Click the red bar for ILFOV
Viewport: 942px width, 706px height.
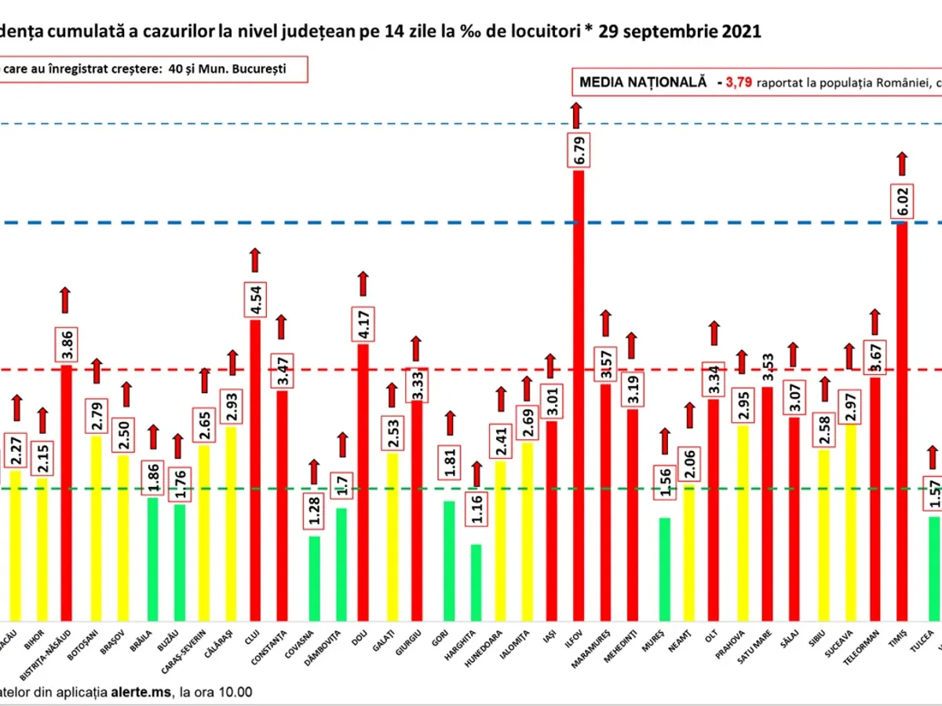pyautogui.click(x=578, y=392)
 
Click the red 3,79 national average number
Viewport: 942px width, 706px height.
pyautogui.click(x=739, y=81)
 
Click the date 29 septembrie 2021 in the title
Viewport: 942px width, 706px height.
pyautogui.click(x=679, y=31)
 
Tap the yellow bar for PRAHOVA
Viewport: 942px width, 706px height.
pyautogui.click(x=742, y=522)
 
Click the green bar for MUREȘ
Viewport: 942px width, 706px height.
pyautogui.click(x=664, y=569)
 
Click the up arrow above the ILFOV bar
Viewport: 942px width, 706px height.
pyautogui.click(x=576, y=115)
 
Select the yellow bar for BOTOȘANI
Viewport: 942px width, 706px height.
pyautogui.click(x=96, y=527)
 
